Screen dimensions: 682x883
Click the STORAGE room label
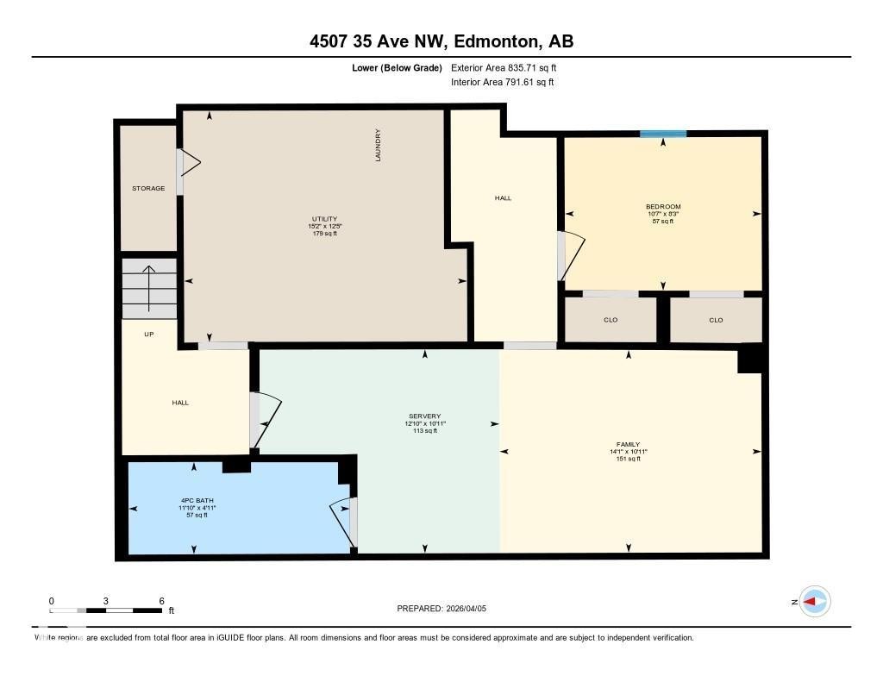148,188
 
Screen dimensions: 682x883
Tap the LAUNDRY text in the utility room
378,145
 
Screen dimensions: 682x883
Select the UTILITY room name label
324,219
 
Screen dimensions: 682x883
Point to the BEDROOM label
663,207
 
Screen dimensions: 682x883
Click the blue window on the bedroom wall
663,134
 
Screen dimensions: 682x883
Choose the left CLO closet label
611,320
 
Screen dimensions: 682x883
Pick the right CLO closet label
716,320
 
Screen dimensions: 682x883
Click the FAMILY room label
628,444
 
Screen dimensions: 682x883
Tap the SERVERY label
425,416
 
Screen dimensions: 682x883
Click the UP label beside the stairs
148,334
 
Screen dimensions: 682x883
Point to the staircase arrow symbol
149,288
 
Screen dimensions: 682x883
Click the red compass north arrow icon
814,602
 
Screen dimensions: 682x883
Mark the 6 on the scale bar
161,600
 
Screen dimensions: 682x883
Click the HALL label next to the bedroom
503,198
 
